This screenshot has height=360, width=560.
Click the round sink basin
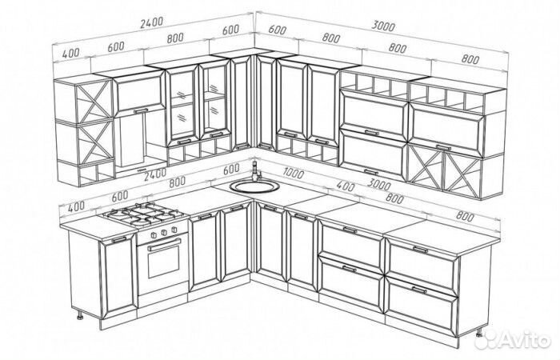click(x=254, y=186)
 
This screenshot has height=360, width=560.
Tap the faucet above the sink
click(x=256, y=170)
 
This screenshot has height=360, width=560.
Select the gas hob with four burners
click(x=143, y=214)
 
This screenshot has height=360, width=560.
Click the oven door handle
click(x=164, y=245)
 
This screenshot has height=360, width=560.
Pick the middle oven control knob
click(x=164, y=232)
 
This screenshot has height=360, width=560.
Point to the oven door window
click(x=164, y=262)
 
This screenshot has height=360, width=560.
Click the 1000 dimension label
click(x=294, y=174)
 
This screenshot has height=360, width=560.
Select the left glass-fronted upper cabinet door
click(x=182, y=104)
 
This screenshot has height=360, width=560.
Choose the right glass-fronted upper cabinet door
click(x=214, y=99)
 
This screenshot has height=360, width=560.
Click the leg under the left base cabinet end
click(x=80, y=315)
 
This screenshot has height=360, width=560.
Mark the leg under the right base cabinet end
click(x=479, y=333)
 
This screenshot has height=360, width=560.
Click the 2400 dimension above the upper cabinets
click(x=151, y=22)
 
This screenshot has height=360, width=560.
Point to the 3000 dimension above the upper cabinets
click(x=383, y=26)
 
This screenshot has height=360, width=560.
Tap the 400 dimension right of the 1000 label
click(x=346, y=186)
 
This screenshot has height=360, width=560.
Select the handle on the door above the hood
click(x=141, y=111)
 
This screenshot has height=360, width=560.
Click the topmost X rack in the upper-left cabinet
click(x=94, y=102)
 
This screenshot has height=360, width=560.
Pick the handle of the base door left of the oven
click(x=119, y=239)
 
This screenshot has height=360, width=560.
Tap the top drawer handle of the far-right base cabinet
click(x=420, y=249)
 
